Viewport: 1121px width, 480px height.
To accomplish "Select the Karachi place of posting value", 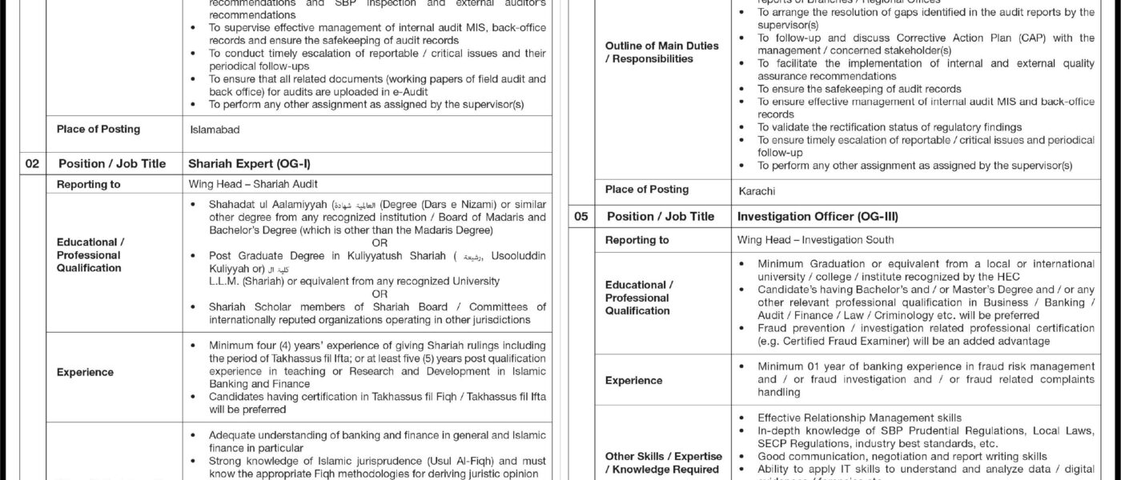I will click(x=757, y=191).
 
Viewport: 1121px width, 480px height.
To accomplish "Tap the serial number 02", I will click(x=32, y=163).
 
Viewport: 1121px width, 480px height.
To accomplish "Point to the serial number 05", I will click(x=581, y=216).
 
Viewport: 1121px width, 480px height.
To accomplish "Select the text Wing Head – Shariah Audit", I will click(x=241, y=184).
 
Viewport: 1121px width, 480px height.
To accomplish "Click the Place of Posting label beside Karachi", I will click(x=646, y=190).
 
